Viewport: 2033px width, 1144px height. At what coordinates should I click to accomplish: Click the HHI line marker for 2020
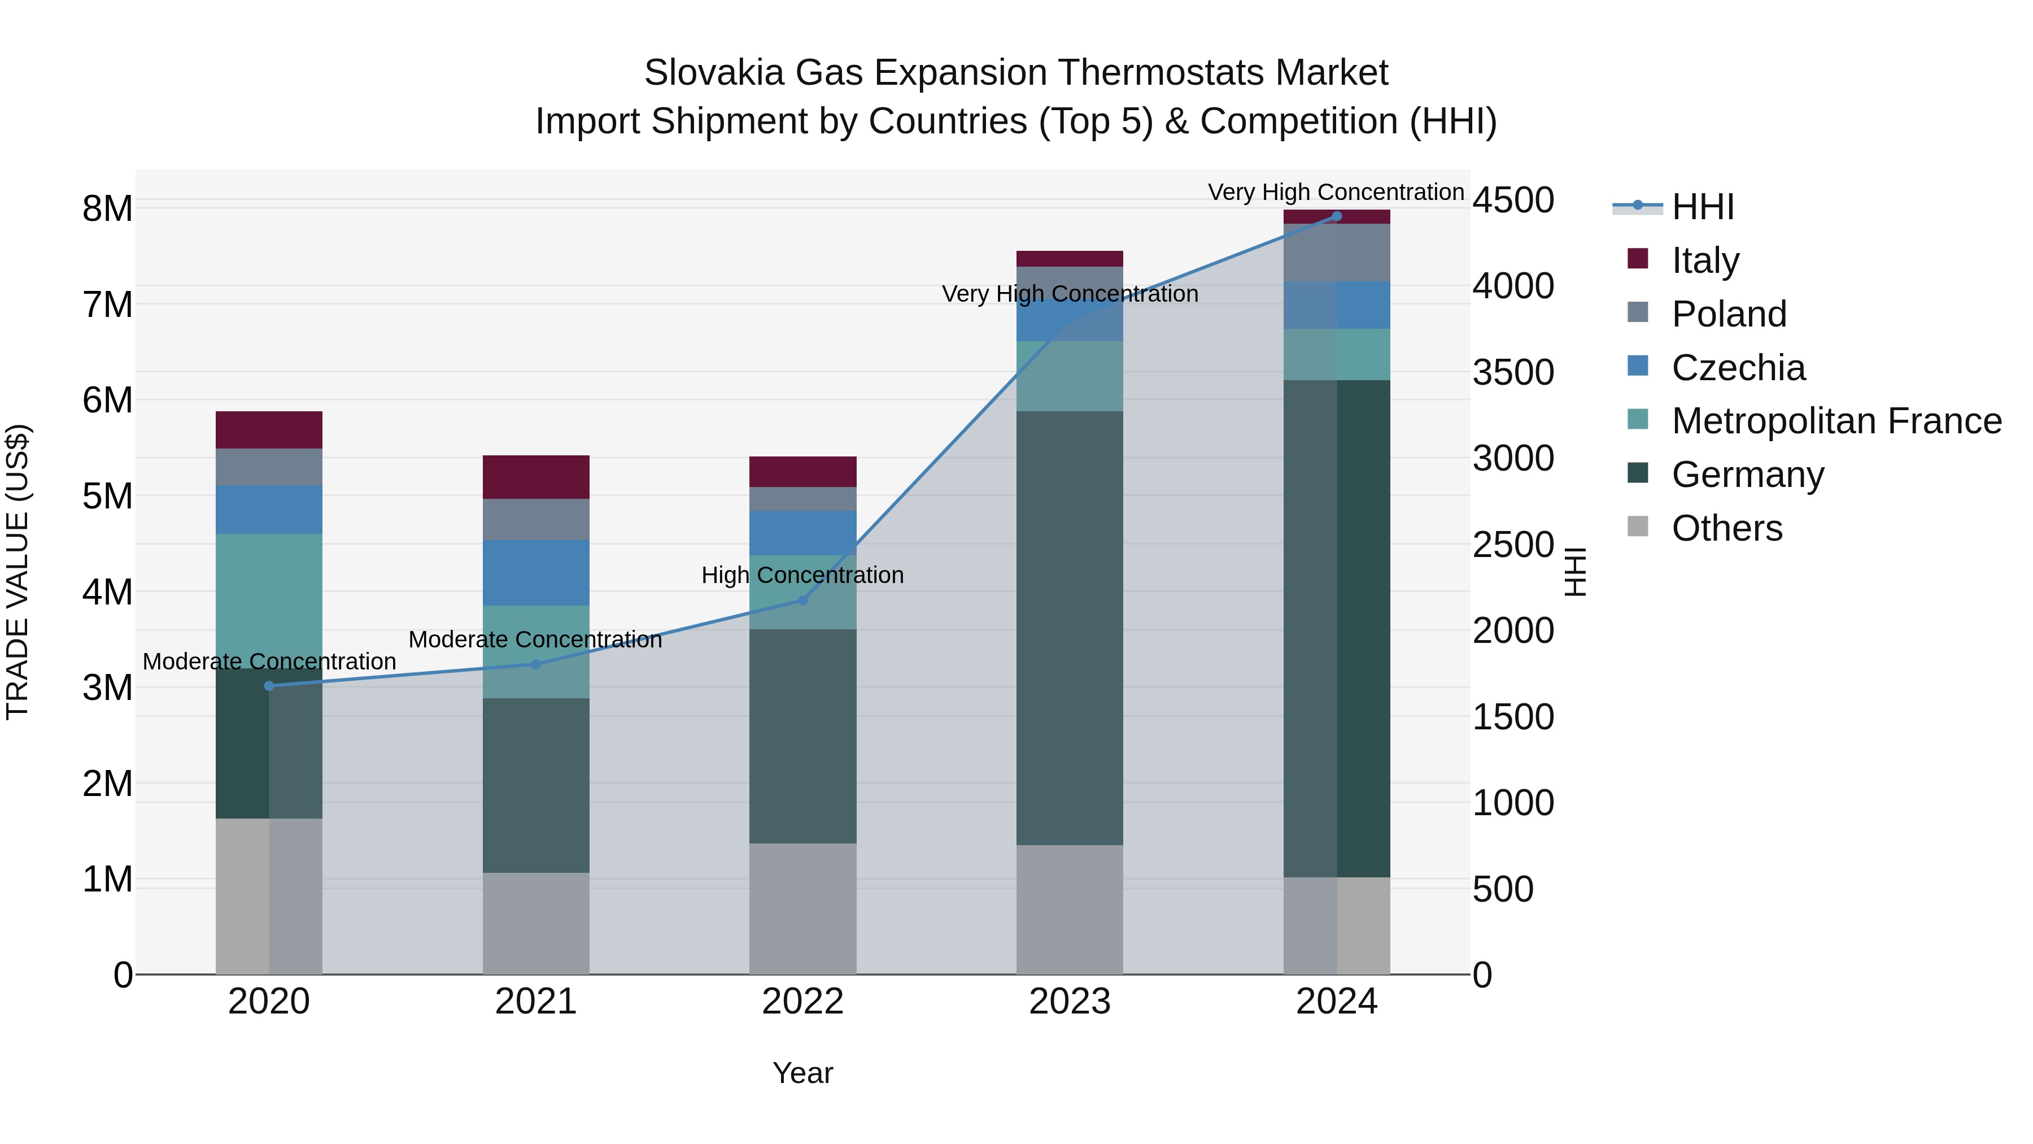tap(269, 686)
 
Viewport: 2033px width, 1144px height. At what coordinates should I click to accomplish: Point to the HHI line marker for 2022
tap(802, 600)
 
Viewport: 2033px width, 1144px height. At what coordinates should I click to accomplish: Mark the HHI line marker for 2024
tap(1336, 216)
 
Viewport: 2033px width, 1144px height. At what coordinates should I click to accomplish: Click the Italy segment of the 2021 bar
tap(536, 477)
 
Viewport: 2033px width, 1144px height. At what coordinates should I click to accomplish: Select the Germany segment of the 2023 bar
tap(1070, 628)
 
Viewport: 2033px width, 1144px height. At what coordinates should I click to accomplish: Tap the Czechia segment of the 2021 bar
tap(536, 573)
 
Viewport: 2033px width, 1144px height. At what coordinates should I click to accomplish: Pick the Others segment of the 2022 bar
tap(802, 908)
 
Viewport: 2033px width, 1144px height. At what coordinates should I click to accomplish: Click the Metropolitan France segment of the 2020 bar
tap(269, 600)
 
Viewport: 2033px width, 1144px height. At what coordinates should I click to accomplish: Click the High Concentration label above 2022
tap(802, 576)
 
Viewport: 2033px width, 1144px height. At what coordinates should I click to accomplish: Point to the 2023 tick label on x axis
tap(1070, 1002)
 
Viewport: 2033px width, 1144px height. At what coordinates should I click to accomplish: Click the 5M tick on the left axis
tap(108, 497)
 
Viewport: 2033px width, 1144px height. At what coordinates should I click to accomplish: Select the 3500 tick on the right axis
tap(1513, 373)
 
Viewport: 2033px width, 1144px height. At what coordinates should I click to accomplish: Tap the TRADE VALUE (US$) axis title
tap(18, 572)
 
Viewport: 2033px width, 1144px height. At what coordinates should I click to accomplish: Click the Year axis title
tap(802, 1073)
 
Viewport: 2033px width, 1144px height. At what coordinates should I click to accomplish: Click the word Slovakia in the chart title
tap(713, 73)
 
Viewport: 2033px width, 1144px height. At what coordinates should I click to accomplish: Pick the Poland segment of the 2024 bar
tap(1336, 253)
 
